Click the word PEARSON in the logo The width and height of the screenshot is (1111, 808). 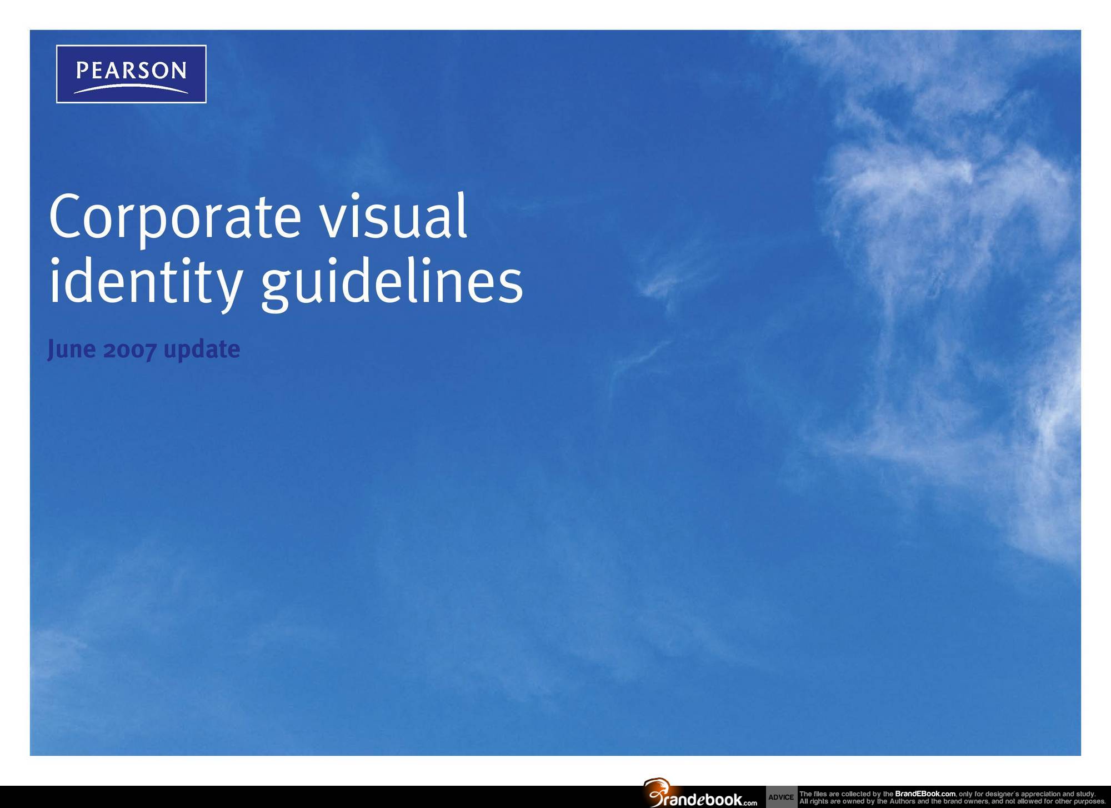pyautogui.click(x=131, y=71)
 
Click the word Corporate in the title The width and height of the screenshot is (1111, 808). pyautogui.click(x=175, y=218)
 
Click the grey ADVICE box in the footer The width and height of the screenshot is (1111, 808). pyautogui.click(x=781, y=797)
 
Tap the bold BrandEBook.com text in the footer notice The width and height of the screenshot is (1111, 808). pyautogui.click(x=925, y=794)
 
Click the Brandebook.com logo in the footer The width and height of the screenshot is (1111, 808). pyautogui.click(x=700, y=793)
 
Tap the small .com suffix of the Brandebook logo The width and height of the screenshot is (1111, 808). pyautogui.click(x=750, y=802)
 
